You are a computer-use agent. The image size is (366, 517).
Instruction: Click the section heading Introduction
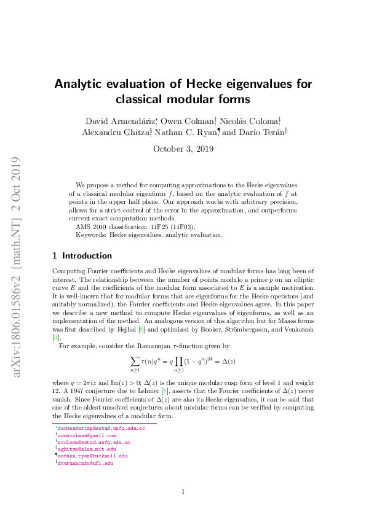pyautogui.click(x=87, y=255)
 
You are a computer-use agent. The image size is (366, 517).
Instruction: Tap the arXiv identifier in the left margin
pyautogui.click(x=19, y=258)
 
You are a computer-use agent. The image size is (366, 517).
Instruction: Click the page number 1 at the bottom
pyautogui.click(x=183, y=491)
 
